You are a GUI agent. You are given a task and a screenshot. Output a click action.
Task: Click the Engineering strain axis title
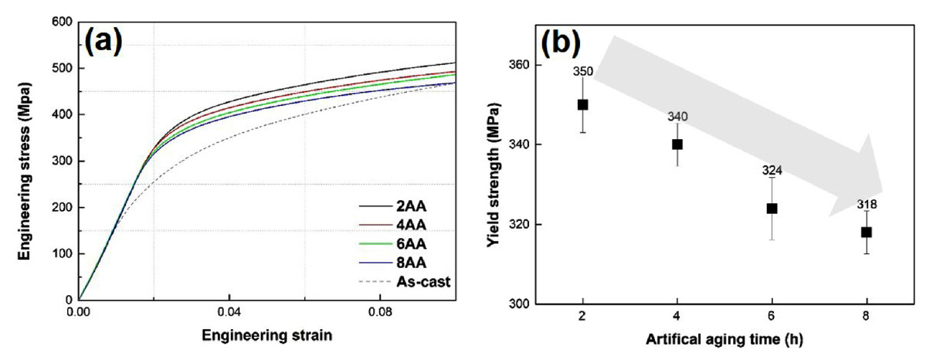point(266,338)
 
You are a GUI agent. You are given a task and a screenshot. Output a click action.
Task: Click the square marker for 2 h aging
point(583,104)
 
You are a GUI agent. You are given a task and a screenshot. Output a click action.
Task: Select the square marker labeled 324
point(772,208)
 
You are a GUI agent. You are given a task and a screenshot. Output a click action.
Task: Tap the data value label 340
point(677,117)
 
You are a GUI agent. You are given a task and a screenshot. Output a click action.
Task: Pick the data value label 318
point(866,205)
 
